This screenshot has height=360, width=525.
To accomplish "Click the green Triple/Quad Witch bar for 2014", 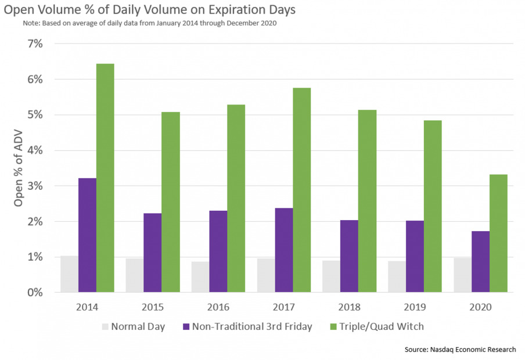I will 105,178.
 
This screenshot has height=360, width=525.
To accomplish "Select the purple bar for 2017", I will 284,250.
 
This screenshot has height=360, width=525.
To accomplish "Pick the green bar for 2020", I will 498,233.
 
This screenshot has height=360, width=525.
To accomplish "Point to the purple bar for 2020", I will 480,261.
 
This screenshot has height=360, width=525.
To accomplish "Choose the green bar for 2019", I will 433,206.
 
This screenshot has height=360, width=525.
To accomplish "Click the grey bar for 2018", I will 331,276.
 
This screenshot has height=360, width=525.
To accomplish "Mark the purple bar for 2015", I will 153,253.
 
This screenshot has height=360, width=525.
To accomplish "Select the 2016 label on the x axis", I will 218,307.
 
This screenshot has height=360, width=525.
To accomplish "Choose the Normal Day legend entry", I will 134,326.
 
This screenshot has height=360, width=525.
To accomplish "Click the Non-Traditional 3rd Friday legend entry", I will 248,326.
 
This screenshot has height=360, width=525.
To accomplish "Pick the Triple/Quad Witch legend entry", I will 376,326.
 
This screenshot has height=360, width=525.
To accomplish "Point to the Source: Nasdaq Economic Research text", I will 460,350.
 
